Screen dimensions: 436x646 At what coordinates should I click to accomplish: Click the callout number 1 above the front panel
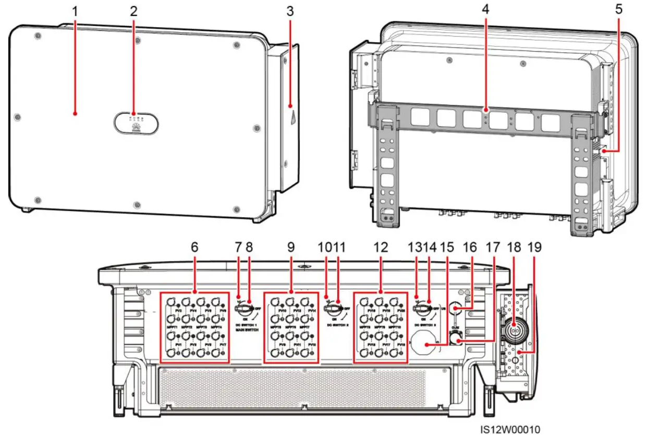click(x=75, y=10)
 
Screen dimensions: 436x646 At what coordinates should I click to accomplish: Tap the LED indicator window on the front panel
click(x=135, y=124)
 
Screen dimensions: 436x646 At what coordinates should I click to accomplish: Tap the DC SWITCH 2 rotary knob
click(x=332, y=309)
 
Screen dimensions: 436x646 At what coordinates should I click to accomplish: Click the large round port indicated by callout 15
click(x=426, y=345)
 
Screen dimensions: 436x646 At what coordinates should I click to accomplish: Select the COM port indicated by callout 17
click(x=454, y=341)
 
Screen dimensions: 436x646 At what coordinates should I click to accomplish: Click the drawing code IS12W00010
click(x=511, y=429)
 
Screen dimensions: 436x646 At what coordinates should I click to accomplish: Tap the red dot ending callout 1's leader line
click(x=75, y=112)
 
